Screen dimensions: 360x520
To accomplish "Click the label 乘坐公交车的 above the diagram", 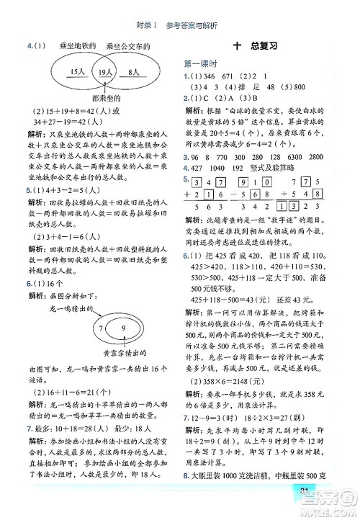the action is (x=128, y=47).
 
